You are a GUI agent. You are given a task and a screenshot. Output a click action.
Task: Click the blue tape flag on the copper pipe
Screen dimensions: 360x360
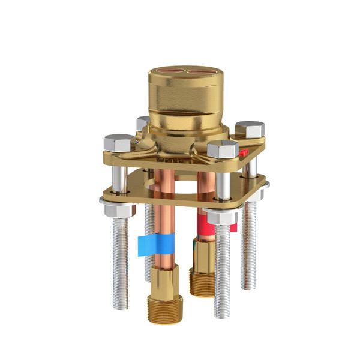click(x=154, y=244)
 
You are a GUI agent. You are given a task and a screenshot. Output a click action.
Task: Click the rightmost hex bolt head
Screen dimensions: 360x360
click(x=250, y=130)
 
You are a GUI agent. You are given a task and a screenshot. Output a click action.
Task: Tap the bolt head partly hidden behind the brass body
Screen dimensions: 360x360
click(x=142, y=122)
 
